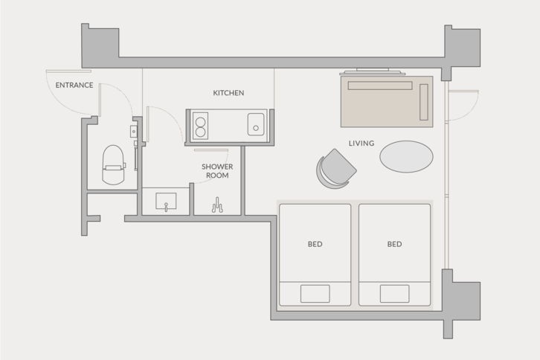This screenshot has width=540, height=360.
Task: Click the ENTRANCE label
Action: coord(74,85)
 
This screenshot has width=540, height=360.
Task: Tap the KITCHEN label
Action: coord(228,93)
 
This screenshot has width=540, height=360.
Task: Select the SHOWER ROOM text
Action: coord(217,171)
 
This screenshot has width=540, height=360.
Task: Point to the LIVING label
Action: coord(361,144)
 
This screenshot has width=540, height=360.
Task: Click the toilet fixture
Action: coord(113,164)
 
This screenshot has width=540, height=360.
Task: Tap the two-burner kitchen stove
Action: coord(200,126)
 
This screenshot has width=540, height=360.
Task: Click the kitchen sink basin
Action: coord(256,124)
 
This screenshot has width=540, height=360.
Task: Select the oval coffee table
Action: coord(406,156)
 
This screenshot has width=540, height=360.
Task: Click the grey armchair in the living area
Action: coord(335,169)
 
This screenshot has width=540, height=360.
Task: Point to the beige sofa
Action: coord(387,102)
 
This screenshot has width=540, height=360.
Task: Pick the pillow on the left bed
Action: coord(315,294)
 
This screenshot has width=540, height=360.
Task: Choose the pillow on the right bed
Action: coord(395,294)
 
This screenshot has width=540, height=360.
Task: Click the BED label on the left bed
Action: coord(315,244)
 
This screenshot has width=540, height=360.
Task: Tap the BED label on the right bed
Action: coord(395,244)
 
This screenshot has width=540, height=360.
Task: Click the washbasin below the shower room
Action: coord(166,201)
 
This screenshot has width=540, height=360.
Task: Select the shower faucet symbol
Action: coord(217,206)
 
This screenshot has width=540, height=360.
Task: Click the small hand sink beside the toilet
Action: coord(134,131)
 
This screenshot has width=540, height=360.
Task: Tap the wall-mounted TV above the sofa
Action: coord(373,71)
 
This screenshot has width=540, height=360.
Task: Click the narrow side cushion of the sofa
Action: coord(424,102)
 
